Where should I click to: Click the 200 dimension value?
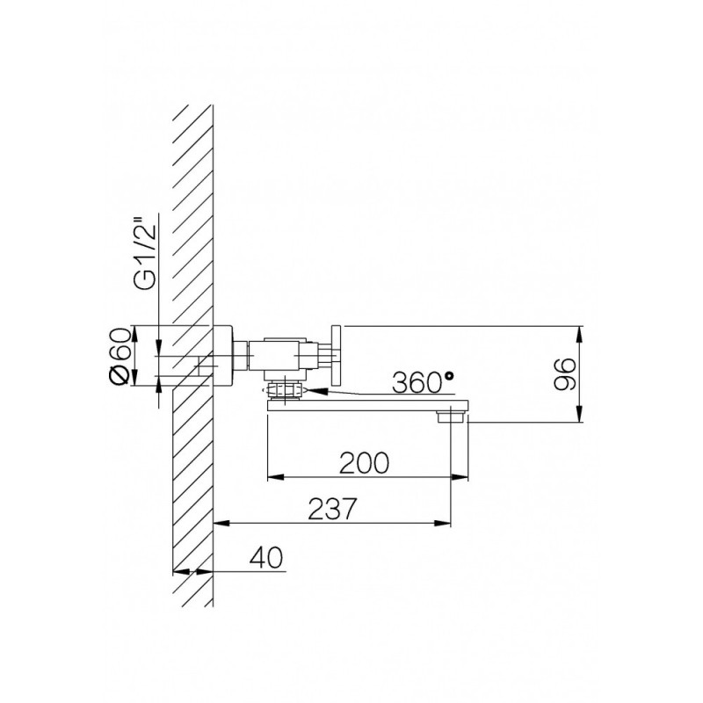click(x=364, y=463)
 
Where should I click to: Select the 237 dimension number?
click(x=332, y=509)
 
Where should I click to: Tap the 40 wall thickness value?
click(x=266, y=557)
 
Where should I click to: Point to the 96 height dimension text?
click(x=564, y=374)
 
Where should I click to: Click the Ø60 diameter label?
click(x=120, y=356)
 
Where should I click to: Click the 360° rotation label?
click(x=423, y=382)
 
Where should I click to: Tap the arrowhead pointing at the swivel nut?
click(x=315, y=391)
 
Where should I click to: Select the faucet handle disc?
click(x=336, y=355)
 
